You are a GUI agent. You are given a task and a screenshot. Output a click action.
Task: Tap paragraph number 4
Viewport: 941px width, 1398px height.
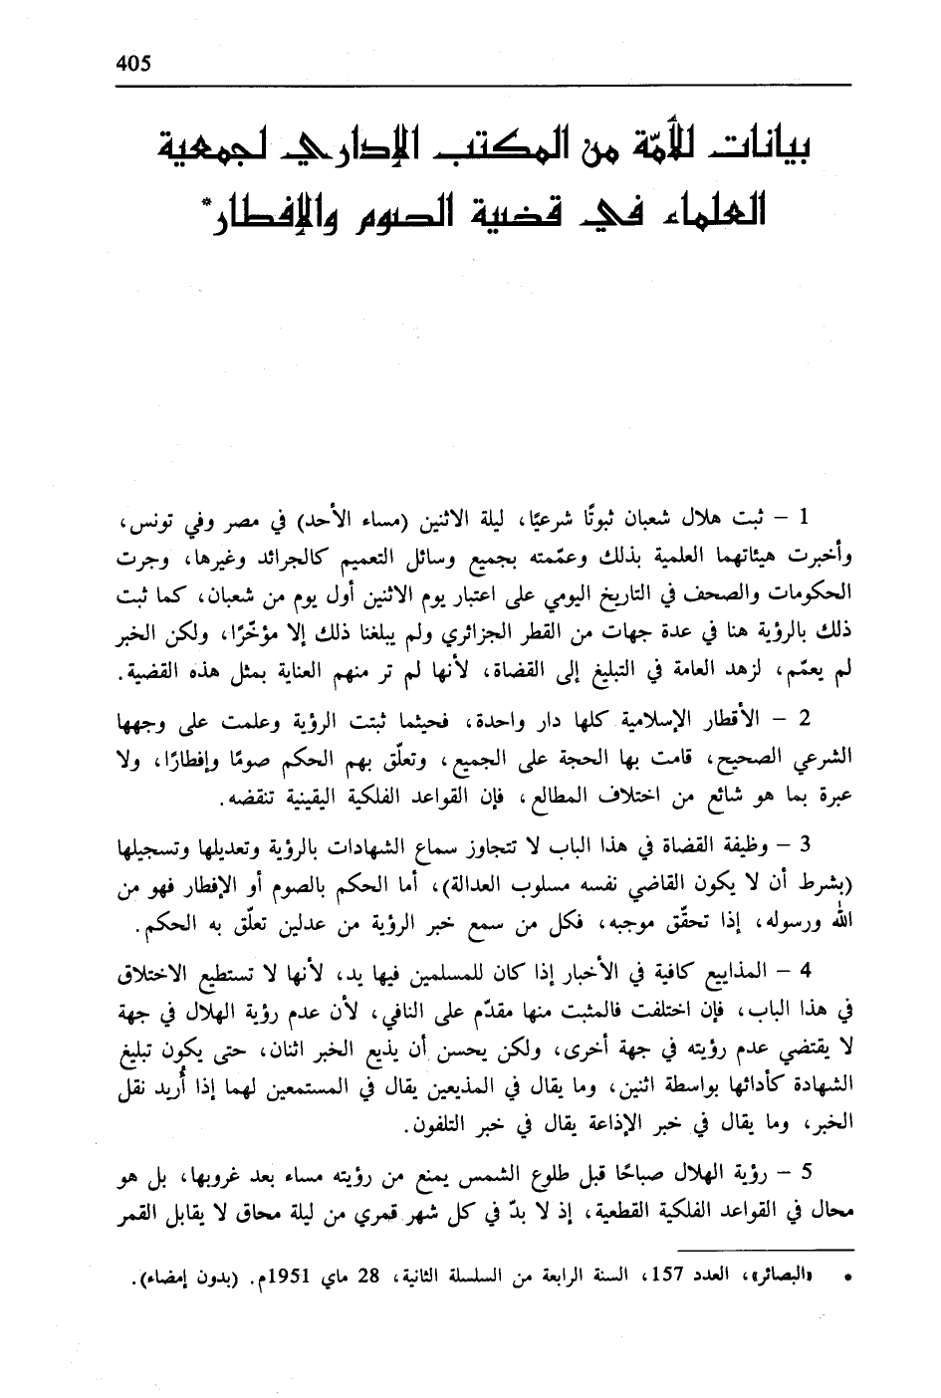(x=807, y=971)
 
